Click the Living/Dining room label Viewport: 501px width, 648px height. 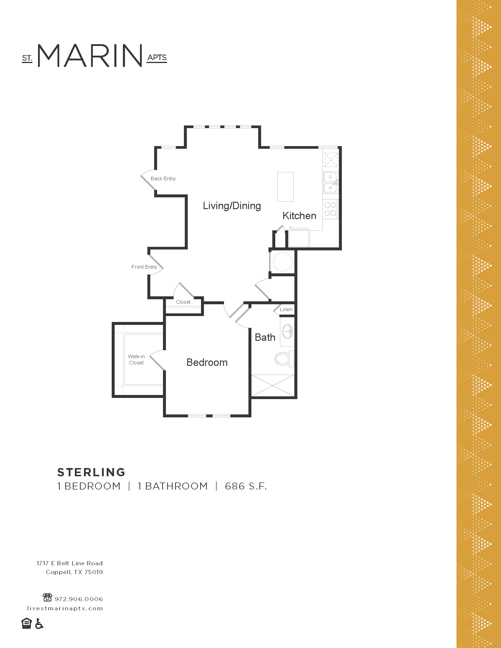point(232,206)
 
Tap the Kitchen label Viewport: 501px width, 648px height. point(299,216)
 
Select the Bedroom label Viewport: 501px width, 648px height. point(207,362)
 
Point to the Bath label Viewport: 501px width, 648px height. point(265,337)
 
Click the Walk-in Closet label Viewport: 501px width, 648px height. point(136,359)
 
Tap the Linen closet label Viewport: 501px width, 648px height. point(286,309)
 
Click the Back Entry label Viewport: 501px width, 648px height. point(163,178)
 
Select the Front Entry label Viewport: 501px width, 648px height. point(144,267)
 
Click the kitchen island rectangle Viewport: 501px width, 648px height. point(285,187)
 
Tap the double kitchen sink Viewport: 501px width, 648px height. point(330,183)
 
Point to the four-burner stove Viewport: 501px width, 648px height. point(330,209)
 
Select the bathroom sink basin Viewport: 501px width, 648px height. point(287,331)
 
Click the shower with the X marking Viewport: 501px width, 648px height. point(273,386)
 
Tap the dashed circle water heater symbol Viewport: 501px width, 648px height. point(283,262)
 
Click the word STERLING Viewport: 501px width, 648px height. point(91,472)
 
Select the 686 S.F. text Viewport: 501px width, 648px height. point(246,486)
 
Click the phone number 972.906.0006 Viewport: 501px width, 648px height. point(79,599)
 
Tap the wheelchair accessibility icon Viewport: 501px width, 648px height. point(39,624)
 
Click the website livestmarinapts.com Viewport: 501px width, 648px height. point(65,608)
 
